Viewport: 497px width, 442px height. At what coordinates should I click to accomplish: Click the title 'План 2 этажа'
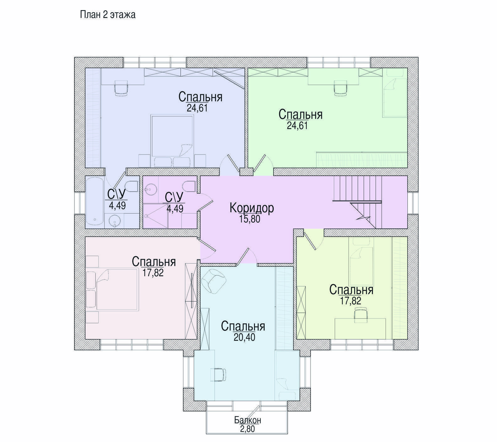[x=108, y=15]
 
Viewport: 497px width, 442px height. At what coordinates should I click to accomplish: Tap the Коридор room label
[x=252, y=208]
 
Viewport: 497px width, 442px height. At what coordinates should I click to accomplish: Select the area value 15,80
[x=250, y=219]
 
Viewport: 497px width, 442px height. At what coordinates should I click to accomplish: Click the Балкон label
[x=248, y=420]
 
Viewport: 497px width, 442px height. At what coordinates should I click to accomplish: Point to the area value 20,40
[x=244, y=337]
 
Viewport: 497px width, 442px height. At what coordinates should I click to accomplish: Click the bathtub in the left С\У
[x=95, y=202]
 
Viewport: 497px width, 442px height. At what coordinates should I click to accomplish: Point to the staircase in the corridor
[x=358, y=202]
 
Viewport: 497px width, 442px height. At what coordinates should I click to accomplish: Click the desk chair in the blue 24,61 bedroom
[x=122, y=88]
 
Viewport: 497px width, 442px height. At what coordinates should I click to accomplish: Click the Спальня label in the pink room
[x=154, y=261]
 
